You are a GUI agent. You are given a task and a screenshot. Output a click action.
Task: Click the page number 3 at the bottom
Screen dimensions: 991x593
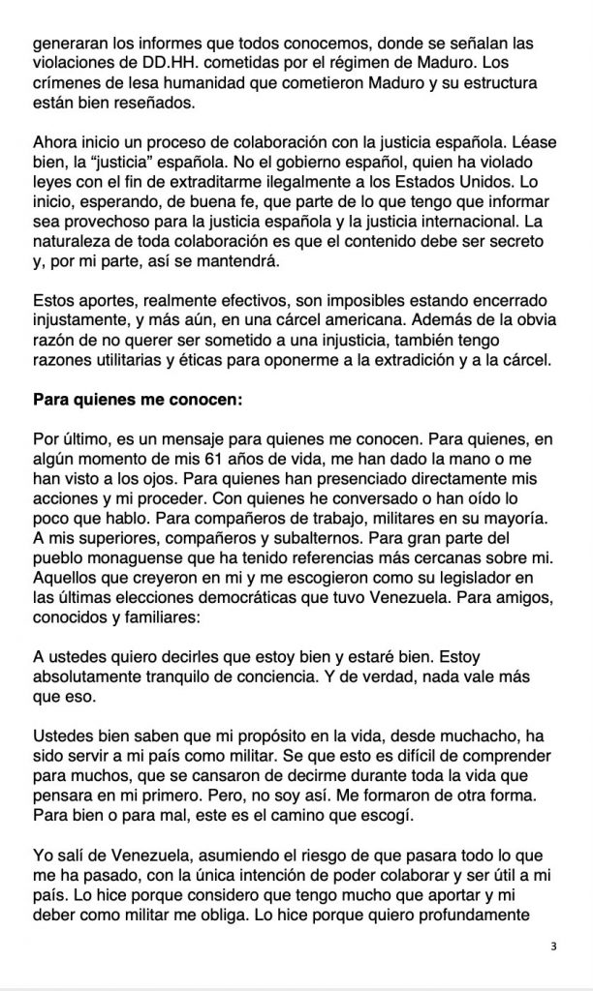point(552,946)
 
